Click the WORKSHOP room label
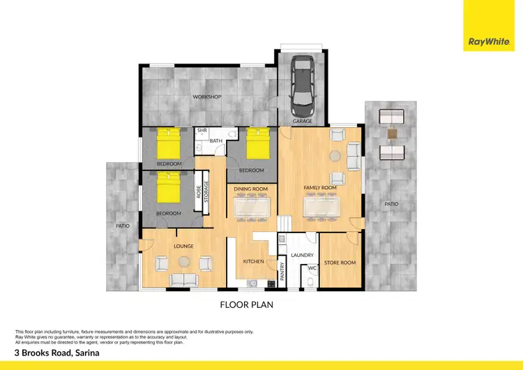[207, 96]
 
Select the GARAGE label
[302, 121]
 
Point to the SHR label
[202, 131]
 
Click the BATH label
[215, 141]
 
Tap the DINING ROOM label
[251, 188]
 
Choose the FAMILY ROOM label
[320, 188]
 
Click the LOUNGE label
[183, 246]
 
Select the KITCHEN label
[252, 261]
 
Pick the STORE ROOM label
[340, 262]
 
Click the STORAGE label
[206, 192]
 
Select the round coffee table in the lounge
[183, 262]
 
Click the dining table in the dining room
[251, 207]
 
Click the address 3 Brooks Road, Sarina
[56, 353]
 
